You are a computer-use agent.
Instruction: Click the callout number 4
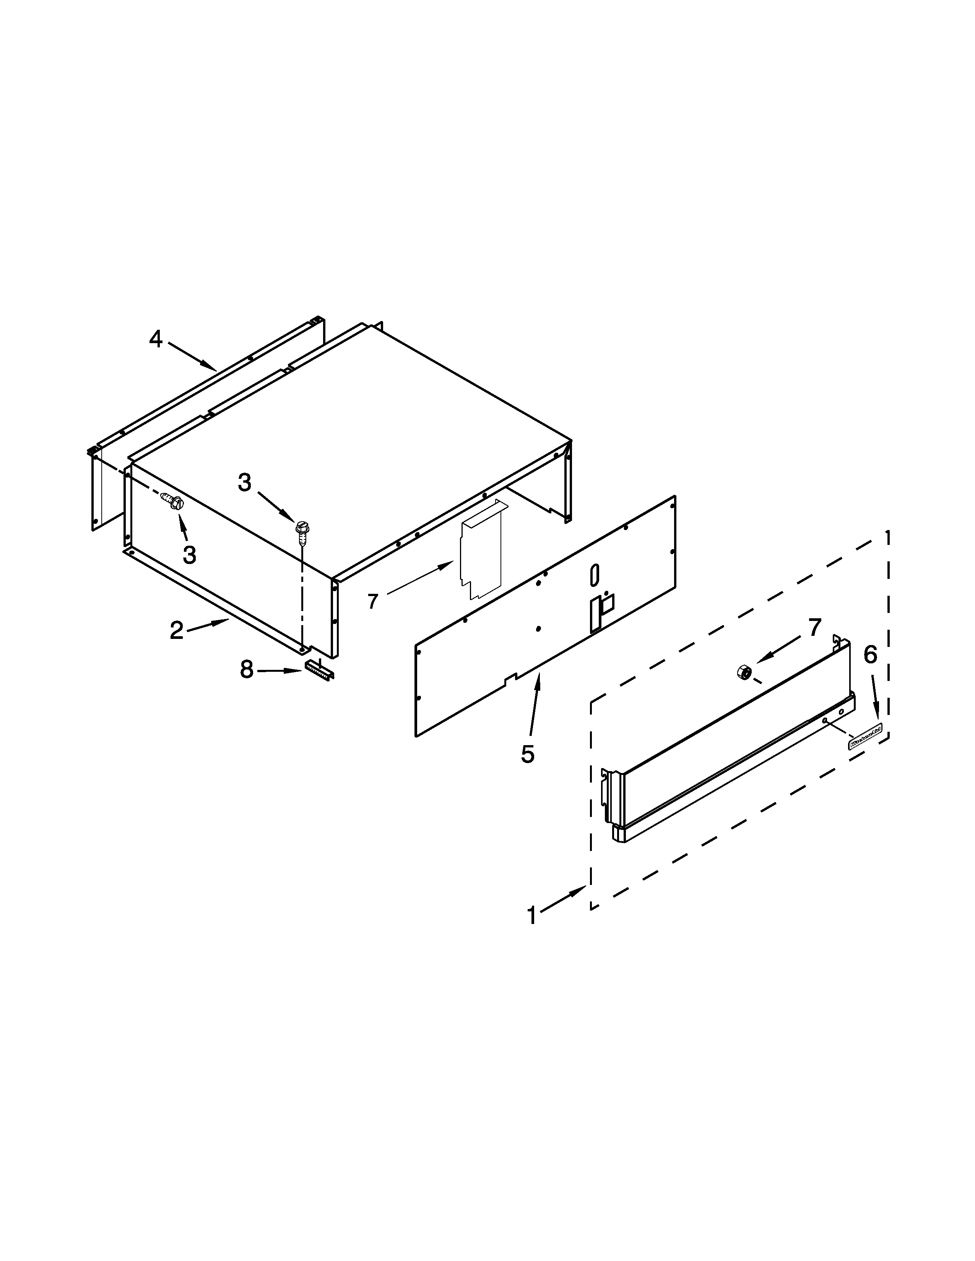(155, 339)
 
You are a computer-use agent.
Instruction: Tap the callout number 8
(247, 670)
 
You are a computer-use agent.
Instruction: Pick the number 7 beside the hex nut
(814, 627)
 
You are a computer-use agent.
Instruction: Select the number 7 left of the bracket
(372, 601)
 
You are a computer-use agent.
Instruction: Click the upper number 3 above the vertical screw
(245, 483)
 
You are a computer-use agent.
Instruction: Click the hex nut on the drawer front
(743, 671)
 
